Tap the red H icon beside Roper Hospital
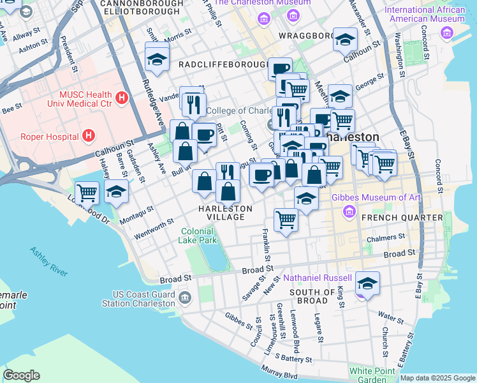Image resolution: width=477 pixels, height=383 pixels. click(x=89, y=135)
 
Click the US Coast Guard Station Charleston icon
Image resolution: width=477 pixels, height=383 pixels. click(x=184, y=297)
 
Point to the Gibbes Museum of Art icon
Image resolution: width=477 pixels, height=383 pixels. click(x=348, y=210)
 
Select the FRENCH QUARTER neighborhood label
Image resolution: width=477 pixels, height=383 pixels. click(x=402, y=218)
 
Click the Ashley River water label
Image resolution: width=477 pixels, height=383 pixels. click(x=48, y=261)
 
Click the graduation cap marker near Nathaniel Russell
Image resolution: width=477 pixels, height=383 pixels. click(x=367, y=283)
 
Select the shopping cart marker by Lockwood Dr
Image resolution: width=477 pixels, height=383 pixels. click(x=87, y=191)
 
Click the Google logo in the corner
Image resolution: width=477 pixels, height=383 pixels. click(x=21, y=375)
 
